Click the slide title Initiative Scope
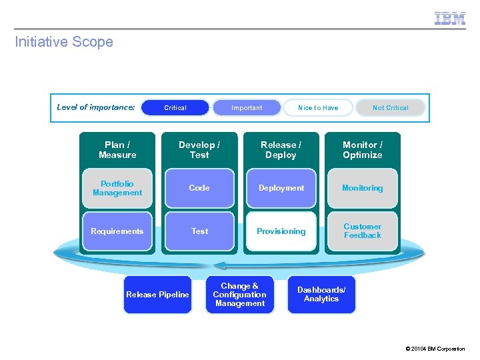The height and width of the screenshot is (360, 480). coord(64,42)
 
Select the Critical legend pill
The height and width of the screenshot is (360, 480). coord(175,107)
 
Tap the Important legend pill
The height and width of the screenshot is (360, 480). coord(247,107)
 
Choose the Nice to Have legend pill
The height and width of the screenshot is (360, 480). coord(318,107)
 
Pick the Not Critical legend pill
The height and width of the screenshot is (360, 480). coord(390,107)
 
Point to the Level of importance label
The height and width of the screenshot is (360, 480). coord(96,107)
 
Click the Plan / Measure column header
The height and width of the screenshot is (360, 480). coord(117,150)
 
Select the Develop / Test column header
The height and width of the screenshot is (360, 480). coord(199,150)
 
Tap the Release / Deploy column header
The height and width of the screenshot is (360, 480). coord(281,150)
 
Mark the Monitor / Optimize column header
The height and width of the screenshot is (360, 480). coord(363,150)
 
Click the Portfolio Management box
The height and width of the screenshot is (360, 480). coord(117,188)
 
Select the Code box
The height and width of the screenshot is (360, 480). coord(199,188)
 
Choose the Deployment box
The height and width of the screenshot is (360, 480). coord(281,188)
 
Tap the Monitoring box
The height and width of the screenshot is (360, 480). coord(363,188)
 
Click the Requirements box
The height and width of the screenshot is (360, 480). coord(117,231)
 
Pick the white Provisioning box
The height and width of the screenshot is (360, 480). coord(281,231)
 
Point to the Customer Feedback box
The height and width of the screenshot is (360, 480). coord(363,231)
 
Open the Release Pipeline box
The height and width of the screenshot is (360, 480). coord(158,295)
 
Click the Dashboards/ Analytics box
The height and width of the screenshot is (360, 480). coord(321,295)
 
